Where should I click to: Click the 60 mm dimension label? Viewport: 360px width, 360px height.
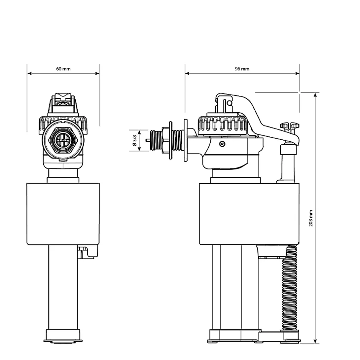click(x=63, y=69)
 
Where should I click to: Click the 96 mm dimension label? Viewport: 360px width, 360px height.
click(x=242, y=69)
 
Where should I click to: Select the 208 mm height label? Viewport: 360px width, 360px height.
click(x=311, y=218)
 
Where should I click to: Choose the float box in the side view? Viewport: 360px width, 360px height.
click(x=249, y=214)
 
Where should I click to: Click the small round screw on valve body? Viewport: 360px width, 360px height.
click(x=222, y=144)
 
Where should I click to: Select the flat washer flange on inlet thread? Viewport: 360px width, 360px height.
click(x=186, y=141)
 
